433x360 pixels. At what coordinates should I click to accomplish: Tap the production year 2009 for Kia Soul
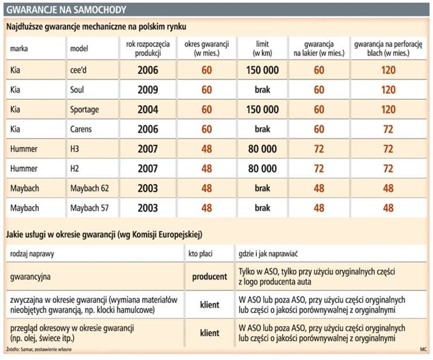pyautogui.click(x=148, y=90)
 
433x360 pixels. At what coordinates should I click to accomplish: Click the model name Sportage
pyautogui.click(x=84, y=110)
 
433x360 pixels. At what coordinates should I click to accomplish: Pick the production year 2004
pyautogui.click(x=148, y=110)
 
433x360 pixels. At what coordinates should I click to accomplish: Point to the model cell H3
pyautogui.click(x=75, y=149)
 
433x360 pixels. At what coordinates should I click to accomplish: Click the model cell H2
pyautogui.click(x=75, y=168)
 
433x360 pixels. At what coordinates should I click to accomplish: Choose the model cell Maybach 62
pyautogui.click(x=89, y=188)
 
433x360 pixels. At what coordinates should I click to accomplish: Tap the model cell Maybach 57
pyautogui.click(x=89, y=208)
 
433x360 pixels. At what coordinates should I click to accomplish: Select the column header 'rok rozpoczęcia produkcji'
pyautogui.click(x=148, y=48)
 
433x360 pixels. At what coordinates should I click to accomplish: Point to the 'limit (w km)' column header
pyautogui.click(x=262, y=48)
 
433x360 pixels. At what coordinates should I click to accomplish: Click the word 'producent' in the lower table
pyautogui.click(x=210, y=277)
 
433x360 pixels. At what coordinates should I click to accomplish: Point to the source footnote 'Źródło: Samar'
pyautogui.click(x=38, y=350)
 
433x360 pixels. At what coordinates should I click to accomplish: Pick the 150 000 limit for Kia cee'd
pyautogui.click(x=262, y=70)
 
